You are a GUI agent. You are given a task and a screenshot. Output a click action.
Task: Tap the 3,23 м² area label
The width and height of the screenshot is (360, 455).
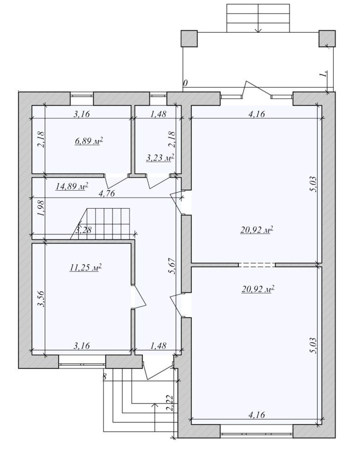160,158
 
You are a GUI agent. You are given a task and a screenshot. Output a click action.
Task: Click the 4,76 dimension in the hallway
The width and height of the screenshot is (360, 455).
107,193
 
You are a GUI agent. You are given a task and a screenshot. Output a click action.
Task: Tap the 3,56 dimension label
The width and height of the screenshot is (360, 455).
41,299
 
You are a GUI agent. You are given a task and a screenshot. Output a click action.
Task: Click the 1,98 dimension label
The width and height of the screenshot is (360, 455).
41,208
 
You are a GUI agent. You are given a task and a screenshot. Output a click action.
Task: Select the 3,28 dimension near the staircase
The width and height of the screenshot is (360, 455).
84,229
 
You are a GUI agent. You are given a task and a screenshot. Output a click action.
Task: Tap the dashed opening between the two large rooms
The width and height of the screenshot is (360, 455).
257,265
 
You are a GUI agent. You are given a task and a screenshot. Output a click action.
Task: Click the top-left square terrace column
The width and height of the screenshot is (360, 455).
189,38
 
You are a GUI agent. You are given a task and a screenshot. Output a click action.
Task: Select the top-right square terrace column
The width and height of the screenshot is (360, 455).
327,38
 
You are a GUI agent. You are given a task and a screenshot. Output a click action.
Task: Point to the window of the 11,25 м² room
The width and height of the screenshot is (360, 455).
82,364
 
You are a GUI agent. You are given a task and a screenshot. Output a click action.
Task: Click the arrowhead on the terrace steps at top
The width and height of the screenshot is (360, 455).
258,30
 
